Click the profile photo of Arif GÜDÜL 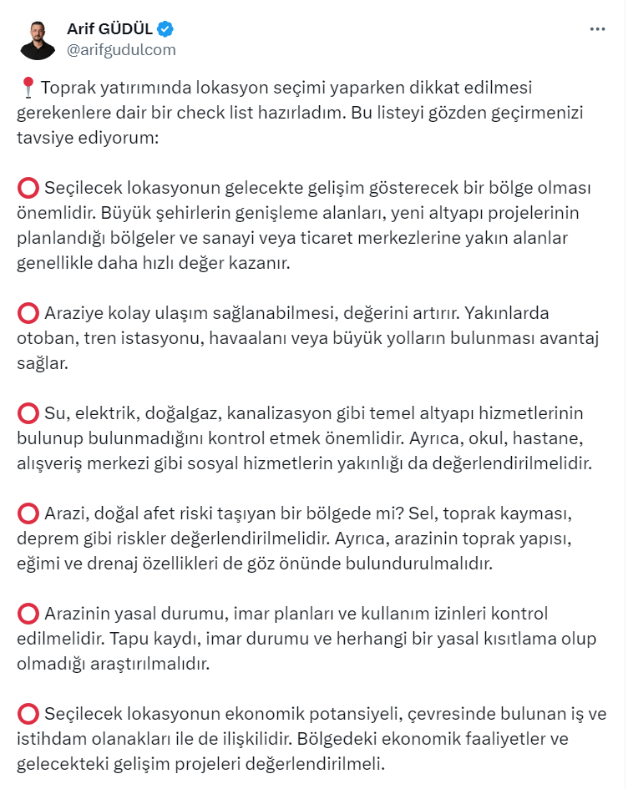coord(38,39)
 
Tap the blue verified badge coord(166,29)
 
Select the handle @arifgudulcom coord(121,49)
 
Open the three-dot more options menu coord(596,29)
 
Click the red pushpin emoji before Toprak coord(28,87)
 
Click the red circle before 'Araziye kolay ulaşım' coord(28,313)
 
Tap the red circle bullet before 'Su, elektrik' coord(28,413)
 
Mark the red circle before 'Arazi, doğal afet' coord(28,513)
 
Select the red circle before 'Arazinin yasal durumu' coord(28,615)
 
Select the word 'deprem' coord(44,539)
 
